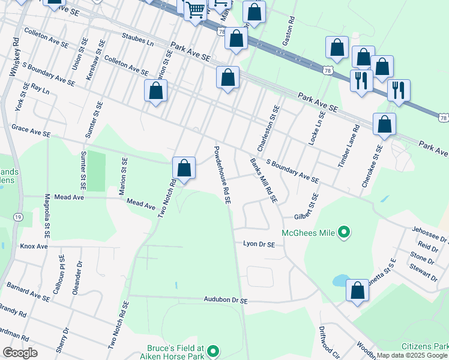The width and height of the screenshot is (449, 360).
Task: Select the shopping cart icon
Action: (195, 10)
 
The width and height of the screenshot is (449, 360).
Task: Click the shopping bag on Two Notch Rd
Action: (184, 168)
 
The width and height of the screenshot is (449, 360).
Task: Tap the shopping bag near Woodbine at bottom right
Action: (357, 291)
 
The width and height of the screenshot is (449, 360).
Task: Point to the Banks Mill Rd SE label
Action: (264, 180)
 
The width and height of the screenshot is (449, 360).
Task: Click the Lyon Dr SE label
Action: (259, 244)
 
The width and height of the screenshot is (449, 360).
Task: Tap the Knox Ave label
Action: (34, 246)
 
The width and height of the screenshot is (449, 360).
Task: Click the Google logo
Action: (20, 353)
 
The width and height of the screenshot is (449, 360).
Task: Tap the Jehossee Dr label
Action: (430, 234)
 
